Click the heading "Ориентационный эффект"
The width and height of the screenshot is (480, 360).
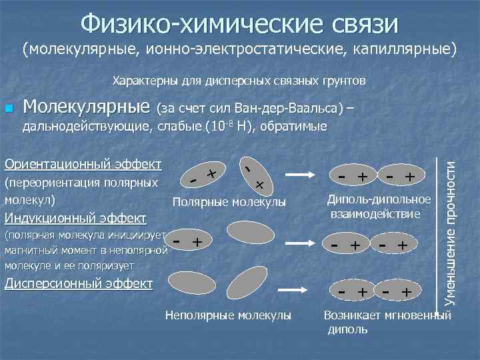coord(83,164)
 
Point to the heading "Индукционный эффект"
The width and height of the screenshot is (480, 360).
coord(75,218)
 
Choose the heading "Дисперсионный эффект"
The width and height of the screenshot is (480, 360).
coord(78,283)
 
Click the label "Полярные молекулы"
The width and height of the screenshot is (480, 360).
coord(229,202)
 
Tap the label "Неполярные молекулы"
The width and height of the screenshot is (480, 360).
coord(228,315)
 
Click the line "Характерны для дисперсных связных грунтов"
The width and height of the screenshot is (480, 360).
coord(239,81)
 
